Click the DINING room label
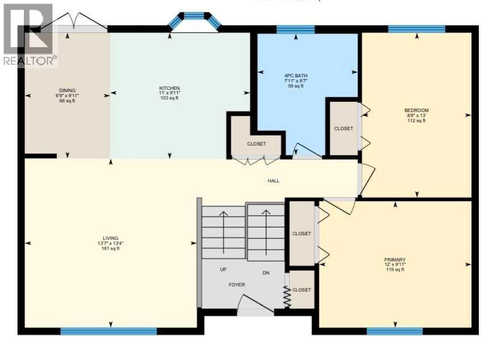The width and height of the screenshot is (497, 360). click(x=67, y=90)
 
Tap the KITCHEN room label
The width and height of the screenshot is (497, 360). click(x=169, y=88)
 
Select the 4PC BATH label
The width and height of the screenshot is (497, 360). click(x=295, y=75)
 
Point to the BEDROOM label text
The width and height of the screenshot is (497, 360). click(x=416, y=110)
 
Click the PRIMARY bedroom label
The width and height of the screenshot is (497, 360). click(x=395, y=259)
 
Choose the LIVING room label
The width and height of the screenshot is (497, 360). click(x=110, y=238)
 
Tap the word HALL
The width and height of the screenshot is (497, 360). click(x=274, y=181)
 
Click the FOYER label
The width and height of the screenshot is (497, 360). click(x=237, y=284)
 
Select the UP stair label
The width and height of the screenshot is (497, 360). click(x=223, y=269)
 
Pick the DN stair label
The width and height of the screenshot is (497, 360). click(x=266, y=272)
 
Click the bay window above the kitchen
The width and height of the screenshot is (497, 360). click(x=194, y=18)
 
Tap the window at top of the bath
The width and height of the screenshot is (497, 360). click(x=295, y=30)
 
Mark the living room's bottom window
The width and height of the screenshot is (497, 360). click(x=108, y=331)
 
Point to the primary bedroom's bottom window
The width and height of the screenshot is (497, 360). click(x=395, y=331)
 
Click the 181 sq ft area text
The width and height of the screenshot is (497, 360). click(x=110, y=249)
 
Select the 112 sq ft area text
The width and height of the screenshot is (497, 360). click(x=416, y=121)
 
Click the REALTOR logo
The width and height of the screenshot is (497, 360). click(x=28, y=34)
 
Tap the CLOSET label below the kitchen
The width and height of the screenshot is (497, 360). click(x=256, y=144)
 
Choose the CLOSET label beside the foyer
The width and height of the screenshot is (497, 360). click(x=301, y=289)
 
